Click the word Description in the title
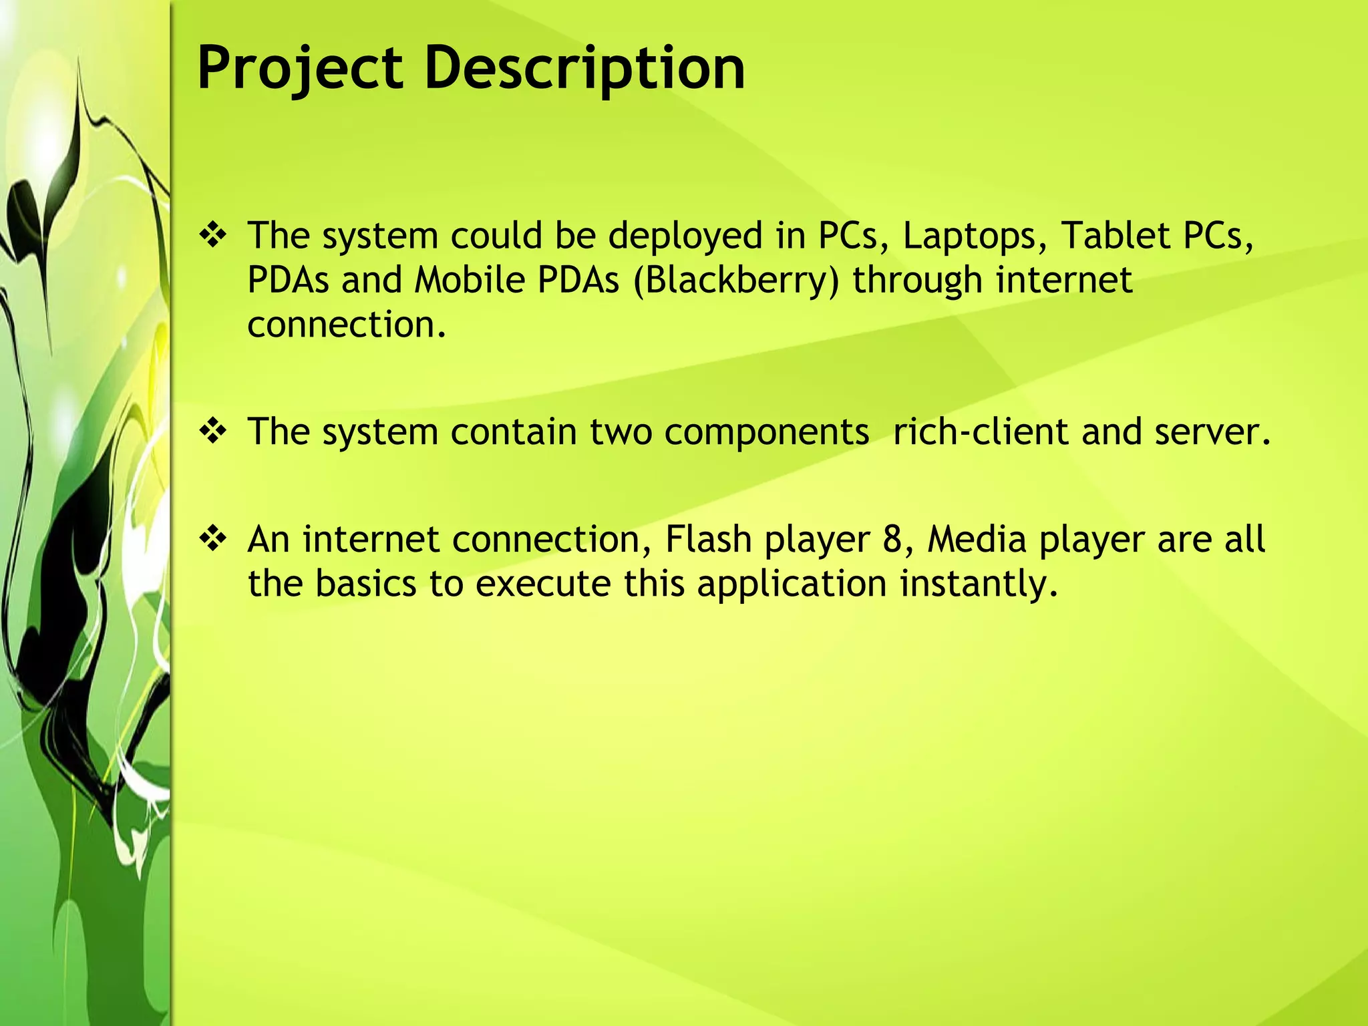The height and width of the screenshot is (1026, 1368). pyautogui.click(x=584, y=68)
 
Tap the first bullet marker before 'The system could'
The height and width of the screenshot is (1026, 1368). pyautogui.click(x=213, y=236)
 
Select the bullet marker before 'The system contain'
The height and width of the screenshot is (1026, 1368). pyautogui.click(x=213, y=432)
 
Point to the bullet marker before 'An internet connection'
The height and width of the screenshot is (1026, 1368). pyautogui.click(x=213, y=539)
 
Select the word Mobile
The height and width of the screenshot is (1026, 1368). pyautogui.click(x=470, y=280)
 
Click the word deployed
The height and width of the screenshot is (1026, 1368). pyautogui.click(x=685, y=236)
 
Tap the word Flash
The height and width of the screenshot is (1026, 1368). pyautogui.click(x=709, y=539)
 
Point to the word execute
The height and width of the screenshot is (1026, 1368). pyautogui.click(x=543, y=584)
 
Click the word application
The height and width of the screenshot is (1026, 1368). pyautogui.click(x=792, y=584)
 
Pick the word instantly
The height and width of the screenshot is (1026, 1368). pyautogui.click(x=979, y=584)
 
